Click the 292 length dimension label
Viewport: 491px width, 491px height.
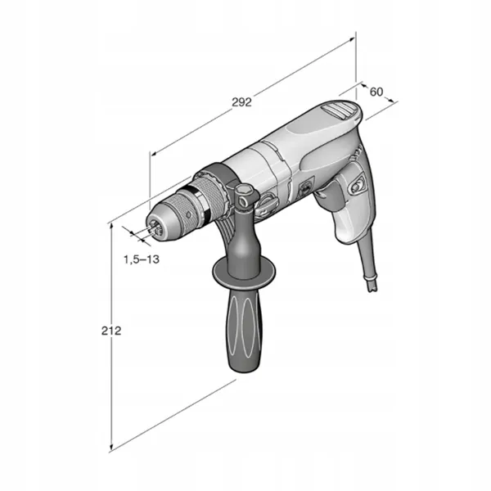[241, 102]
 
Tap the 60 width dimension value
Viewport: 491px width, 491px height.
[376, 92]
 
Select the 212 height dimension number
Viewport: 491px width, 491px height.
[111, 331]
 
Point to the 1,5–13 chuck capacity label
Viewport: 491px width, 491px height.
[142, 259]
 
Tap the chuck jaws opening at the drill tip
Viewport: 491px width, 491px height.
[155, 227]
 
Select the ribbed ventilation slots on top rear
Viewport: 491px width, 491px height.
[339, 110]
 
